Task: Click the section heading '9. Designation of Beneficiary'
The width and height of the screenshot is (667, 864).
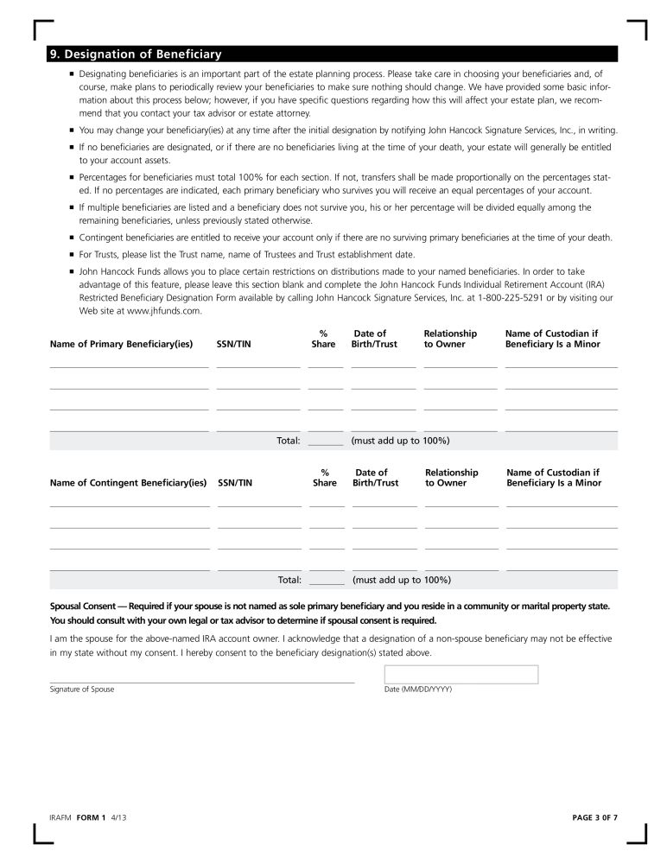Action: click(x=136, y=54)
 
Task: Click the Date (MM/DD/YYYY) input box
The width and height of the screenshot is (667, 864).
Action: click(x=461, y=674)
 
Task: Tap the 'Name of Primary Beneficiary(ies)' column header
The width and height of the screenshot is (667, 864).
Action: click(x=121, y=344)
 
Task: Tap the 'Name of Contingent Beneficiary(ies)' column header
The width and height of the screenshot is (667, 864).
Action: click(x=129, y=483)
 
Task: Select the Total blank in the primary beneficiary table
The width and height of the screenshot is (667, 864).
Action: click(x=326, y=441)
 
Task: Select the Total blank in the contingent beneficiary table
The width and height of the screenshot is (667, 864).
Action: click(x=327, y=580)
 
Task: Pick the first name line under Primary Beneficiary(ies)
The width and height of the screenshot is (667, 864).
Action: click(x=129, y=365)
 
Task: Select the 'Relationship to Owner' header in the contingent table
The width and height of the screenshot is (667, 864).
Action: click(x=451, y=478)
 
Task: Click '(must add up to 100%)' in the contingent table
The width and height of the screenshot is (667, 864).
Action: click(x=402, y=580)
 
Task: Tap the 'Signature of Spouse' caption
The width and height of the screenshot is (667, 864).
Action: click(x=82, y=689)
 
